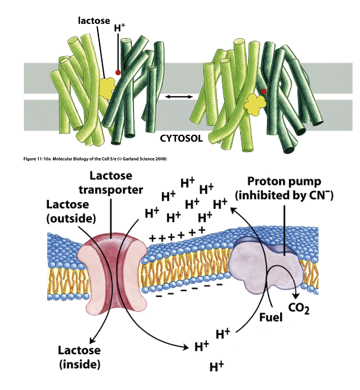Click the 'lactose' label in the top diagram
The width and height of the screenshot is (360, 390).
coord(95,21)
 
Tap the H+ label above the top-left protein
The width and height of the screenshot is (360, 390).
coord(120,29)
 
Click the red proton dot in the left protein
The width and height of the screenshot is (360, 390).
coord(118,72)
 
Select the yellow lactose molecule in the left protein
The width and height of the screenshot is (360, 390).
coord(108,88)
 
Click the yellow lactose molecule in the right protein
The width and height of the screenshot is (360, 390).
coord(255,106)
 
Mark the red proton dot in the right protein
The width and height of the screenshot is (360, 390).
coord(263,91)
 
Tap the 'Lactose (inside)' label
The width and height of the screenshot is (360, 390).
coord(79,356)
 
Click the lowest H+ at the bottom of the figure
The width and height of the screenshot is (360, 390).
coord(216,366)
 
